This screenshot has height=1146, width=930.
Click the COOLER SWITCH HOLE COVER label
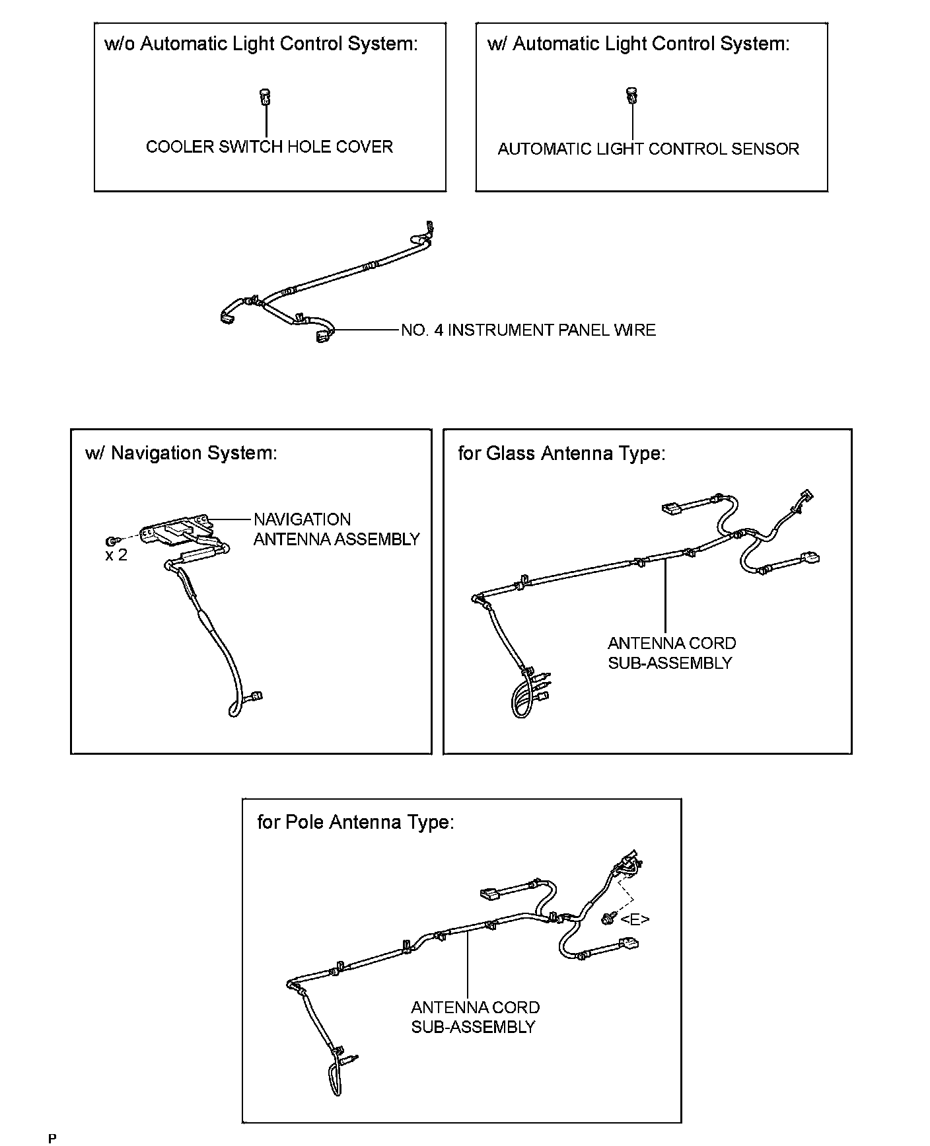(x=269, y=147)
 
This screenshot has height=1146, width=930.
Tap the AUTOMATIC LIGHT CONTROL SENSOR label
(x=648, y=149)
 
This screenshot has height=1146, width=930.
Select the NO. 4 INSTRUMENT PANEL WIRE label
(x=528, y=330)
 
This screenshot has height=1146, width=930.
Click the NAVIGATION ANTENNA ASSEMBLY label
(x=336, y=529)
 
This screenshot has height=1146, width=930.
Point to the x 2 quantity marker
(x=116, y=555)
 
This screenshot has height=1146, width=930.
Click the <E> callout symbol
(x=635, y=919)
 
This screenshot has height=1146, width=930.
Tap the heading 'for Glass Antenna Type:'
(x=561, y=453)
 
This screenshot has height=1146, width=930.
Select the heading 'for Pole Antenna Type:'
(x=355, y=822)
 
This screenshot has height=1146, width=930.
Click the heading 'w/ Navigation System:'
(x=181, y=453)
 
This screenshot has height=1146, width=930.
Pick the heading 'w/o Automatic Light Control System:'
(x=261, y=44)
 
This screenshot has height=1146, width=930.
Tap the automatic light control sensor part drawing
(x=632, y=96)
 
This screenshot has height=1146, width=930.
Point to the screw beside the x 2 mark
(x=112, y=540)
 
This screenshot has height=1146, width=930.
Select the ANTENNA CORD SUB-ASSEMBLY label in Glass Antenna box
(x=672, y=653)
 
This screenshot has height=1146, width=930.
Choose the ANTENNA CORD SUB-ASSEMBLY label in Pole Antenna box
(x=475, y=1017)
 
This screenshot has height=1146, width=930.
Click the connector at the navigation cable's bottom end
(x=256, y=695)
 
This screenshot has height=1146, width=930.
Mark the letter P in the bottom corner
(x=53, y=1138)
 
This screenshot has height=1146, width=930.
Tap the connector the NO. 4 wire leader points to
(x=325, y=337)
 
